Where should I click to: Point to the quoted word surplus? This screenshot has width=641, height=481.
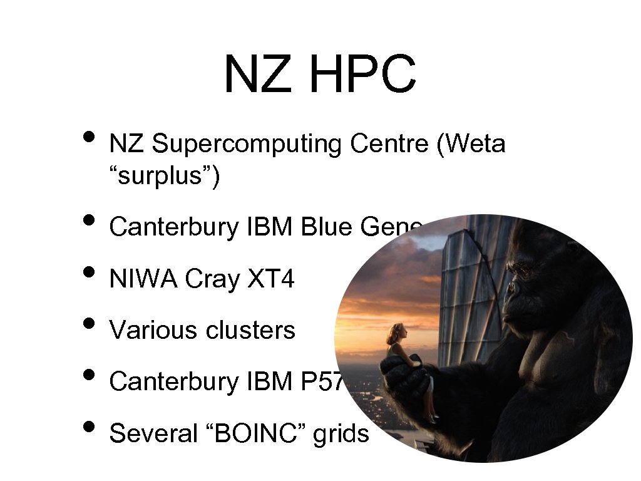pyautogui.click(x=164, y=177)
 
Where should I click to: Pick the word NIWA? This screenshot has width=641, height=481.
pyautogui.click(x=143, y=279)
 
